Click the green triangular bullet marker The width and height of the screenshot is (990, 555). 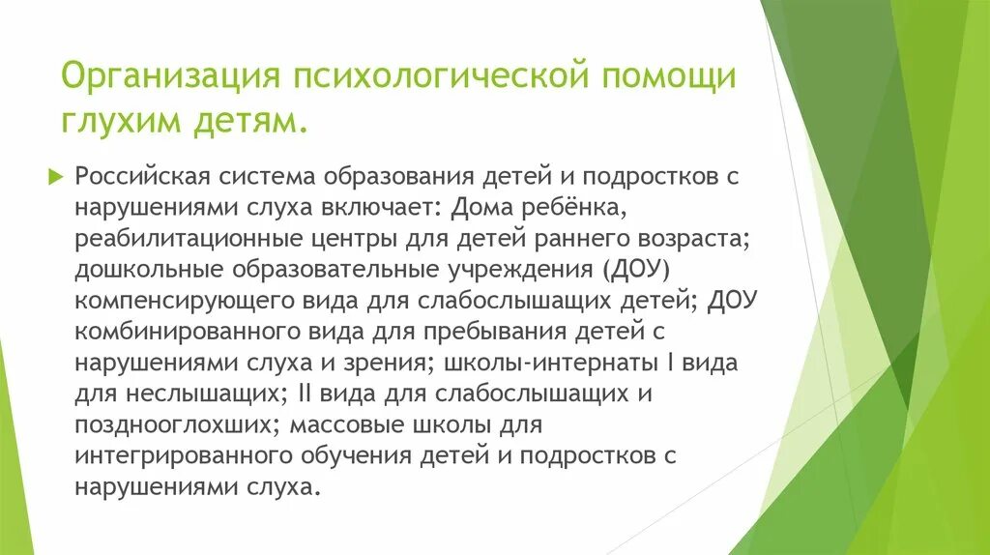83,178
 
